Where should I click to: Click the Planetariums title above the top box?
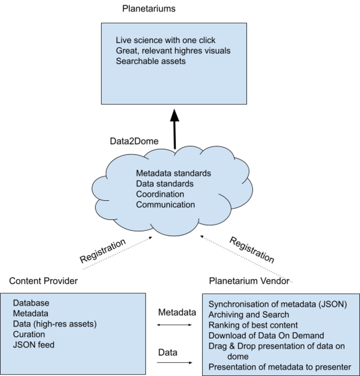[149, 9]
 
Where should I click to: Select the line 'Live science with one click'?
[165, 40]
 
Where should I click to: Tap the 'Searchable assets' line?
[151, 61]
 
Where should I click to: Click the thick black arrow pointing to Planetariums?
[175, 129]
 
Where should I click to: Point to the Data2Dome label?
[134, 141]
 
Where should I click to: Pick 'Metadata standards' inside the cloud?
[173, 173]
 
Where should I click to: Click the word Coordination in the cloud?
[160, 194]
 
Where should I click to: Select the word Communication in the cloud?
[165, 204]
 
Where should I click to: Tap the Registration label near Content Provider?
[103, 251]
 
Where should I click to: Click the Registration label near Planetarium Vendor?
[252, 250]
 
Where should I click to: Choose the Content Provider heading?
[43, 281]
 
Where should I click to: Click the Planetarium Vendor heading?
[249, 281]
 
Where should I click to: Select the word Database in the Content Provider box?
[31, 303]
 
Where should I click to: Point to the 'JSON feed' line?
[33, 345]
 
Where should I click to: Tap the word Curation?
[29, 334]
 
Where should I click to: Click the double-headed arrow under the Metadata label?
[174, 325]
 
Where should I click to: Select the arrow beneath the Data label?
[174, 363]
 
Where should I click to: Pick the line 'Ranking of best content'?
[253, 325]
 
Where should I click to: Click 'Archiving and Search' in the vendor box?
[249, 315]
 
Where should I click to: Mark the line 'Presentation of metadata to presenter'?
[280, 367]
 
